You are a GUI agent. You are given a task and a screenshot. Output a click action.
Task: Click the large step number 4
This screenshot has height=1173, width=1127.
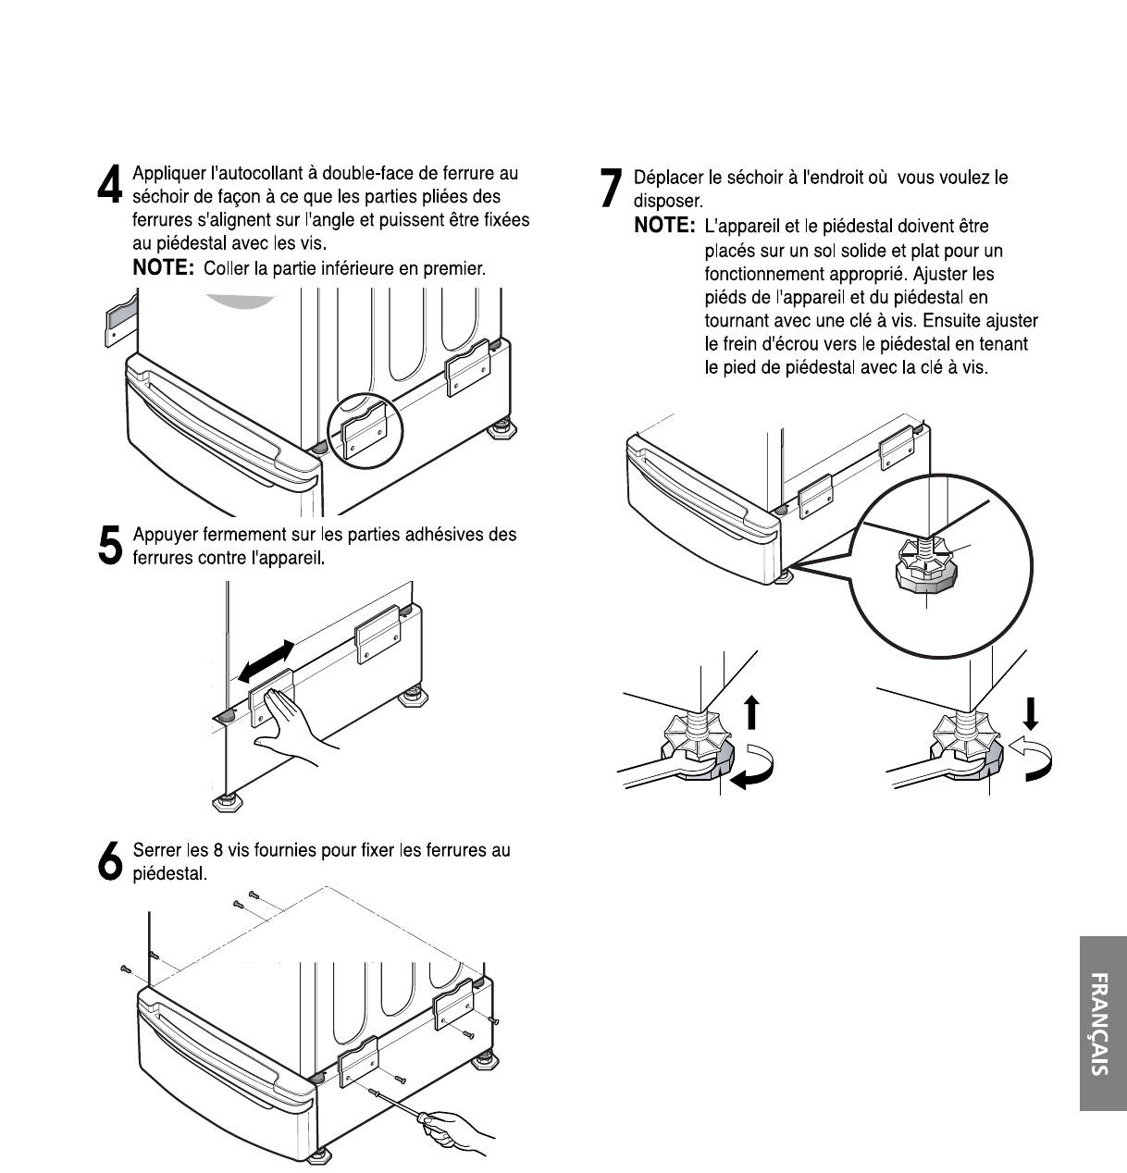point(110,184)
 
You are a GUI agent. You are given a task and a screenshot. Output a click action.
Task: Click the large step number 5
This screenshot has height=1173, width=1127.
point(109,546)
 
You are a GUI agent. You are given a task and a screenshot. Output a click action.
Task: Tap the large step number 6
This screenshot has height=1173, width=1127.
point(109,861)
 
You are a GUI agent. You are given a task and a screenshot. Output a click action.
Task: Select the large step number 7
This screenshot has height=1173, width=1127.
point(611,188)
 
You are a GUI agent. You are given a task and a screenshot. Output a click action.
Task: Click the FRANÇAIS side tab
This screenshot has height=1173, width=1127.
point(1102,1023)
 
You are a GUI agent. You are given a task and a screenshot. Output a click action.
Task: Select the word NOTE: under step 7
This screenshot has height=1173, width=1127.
point(664,226)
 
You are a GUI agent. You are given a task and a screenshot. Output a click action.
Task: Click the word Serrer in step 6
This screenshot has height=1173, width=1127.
point(156,850)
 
